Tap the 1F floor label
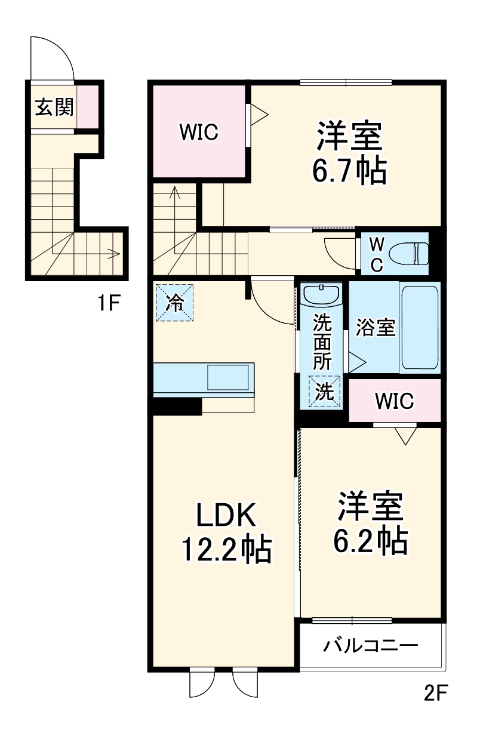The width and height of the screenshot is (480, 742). (x=110, y=304)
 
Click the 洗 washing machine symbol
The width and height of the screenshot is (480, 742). (x=324, y=391)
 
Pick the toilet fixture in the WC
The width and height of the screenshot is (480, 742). (x=409, y=253)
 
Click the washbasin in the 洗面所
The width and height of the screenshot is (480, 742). (x=321, y=294)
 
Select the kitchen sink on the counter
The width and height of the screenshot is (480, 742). (x=227, y=378)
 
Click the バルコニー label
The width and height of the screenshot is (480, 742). (x=370, y=646)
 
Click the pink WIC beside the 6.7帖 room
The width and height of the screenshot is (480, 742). (x=199, y=132)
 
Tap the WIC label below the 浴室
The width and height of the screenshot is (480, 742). (x=394, y=401)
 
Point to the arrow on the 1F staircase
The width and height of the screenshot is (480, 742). (x=110, y=254)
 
